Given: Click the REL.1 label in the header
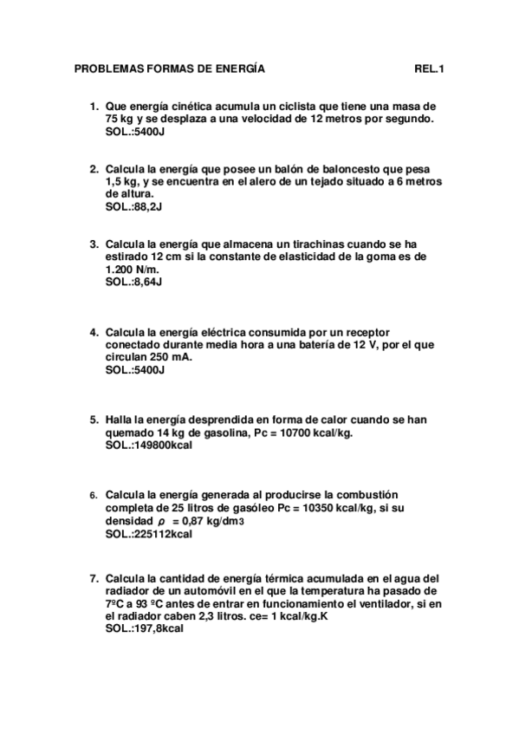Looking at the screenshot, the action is [x=431, y=68].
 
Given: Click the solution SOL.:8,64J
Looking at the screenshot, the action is [x=133, y=282].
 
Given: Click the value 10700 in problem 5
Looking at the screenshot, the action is [x=295, y=433].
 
